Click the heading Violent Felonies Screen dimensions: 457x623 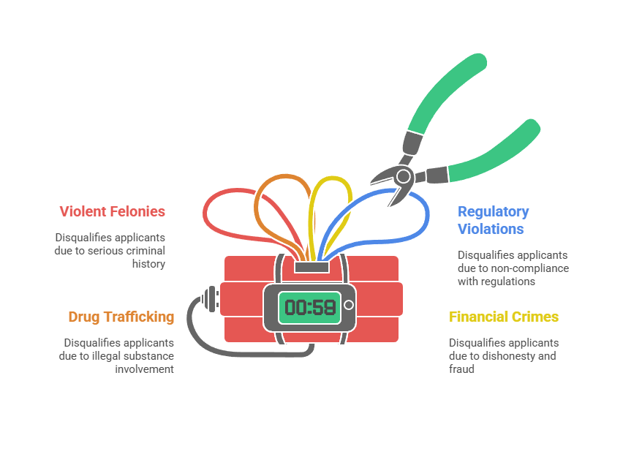point(112,211)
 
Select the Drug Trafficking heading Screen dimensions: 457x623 point(121,317)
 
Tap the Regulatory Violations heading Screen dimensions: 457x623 point(493,220)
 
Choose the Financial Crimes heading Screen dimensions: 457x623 point(503,317)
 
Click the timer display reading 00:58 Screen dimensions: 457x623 point(310,307)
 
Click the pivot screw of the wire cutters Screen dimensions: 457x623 point(402,175)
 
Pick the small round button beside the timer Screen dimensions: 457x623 point(349,305)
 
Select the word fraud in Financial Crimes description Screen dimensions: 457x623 point(461,369)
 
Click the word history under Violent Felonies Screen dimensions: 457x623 point(148,264)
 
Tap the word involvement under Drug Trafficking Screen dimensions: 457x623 point(144,369)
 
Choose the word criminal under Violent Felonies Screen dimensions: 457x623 point(146,251)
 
